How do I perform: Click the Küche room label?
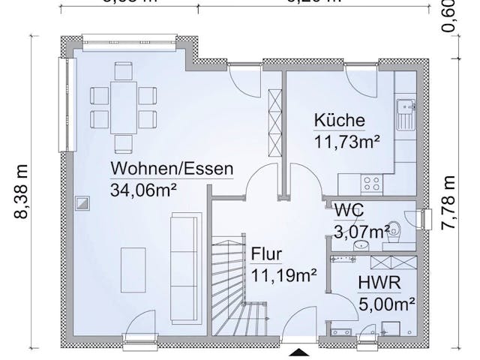(x=339, y=121)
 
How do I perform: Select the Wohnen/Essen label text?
(x=172, y=168)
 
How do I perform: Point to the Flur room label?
(x=267, y=253)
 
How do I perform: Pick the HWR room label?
(x=377, y=283)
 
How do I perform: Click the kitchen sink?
(x=405, y=114)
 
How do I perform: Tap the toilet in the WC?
(x=396, y=232)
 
